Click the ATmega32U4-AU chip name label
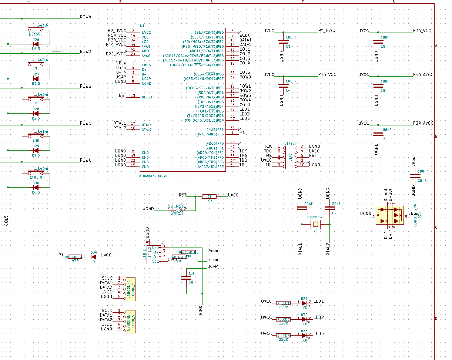coord(154,176)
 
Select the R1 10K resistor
coord(209,197)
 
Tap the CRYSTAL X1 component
coord(315,224)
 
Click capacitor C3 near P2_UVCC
coord(283,42)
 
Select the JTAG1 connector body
coord(291,156)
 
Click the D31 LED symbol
coord(305,303)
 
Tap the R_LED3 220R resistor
coord(283,336)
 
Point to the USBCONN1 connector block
coord(131,287)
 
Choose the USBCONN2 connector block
coord(131,320)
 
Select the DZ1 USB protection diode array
coord(391,215)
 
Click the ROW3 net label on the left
coord(86,51)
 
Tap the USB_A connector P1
coord(154,255)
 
